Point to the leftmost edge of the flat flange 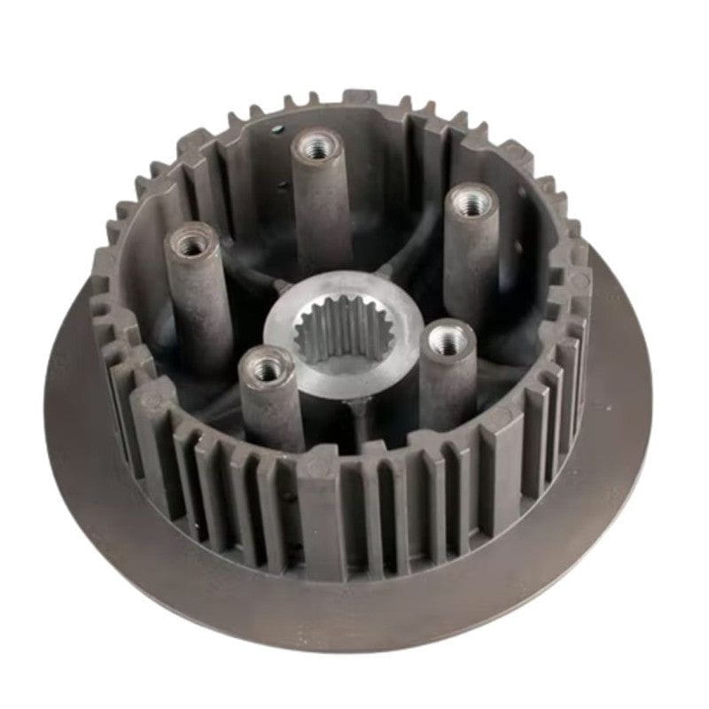46,417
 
